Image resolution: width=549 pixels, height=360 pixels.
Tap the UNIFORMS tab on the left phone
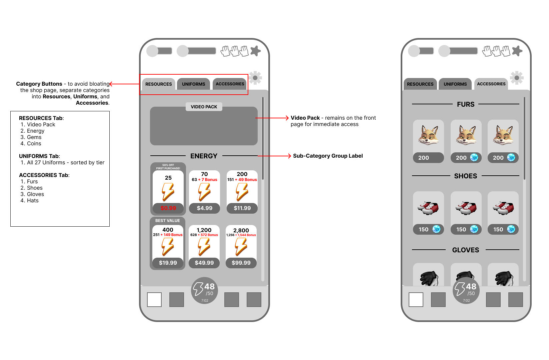point(193,84)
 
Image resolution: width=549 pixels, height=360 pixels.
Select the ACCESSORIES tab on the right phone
point(491,84)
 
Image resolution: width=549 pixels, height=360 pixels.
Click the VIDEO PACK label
point(204,107)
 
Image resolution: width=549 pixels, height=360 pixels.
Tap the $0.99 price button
point(168,208)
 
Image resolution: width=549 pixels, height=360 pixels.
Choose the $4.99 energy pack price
point(205,208)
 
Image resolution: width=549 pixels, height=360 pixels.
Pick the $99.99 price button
point(241,263)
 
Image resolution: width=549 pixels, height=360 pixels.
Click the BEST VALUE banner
point(168,221)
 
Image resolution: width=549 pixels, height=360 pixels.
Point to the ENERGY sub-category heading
point(204,156)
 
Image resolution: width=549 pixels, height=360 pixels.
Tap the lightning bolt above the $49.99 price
point(204,247)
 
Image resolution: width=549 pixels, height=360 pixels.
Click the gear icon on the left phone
point(255,78)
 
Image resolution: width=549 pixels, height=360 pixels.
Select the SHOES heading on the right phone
point(465,176)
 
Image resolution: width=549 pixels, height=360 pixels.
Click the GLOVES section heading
point(465,250)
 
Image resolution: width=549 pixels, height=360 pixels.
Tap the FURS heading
point(466,104)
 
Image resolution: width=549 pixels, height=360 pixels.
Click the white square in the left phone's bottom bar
point(154,299)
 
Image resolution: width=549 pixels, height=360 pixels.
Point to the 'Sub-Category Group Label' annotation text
point(328,156)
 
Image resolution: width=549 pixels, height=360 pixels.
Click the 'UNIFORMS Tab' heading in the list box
point(39,156)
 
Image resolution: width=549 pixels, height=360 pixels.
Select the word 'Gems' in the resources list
point(34,137)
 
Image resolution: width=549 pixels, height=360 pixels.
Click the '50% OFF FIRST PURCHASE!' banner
point(168,167)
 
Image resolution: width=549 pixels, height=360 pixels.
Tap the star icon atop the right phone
point(517,51)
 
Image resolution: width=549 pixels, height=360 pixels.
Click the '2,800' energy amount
point(241,230)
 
